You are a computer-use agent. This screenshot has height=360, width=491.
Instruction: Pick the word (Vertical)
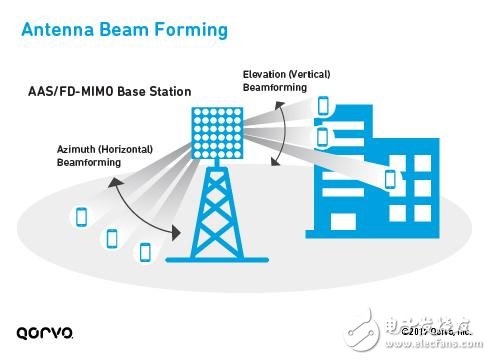point(316,74)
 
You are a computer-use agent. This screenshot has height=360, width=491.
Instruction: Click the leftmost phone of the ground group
point(81,216)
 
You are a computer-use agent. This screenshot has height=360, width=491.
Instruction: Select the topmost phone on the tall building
point(323,106)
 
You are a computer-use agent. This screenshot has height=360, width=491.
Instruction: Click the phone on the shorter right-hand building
point(389,179)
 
